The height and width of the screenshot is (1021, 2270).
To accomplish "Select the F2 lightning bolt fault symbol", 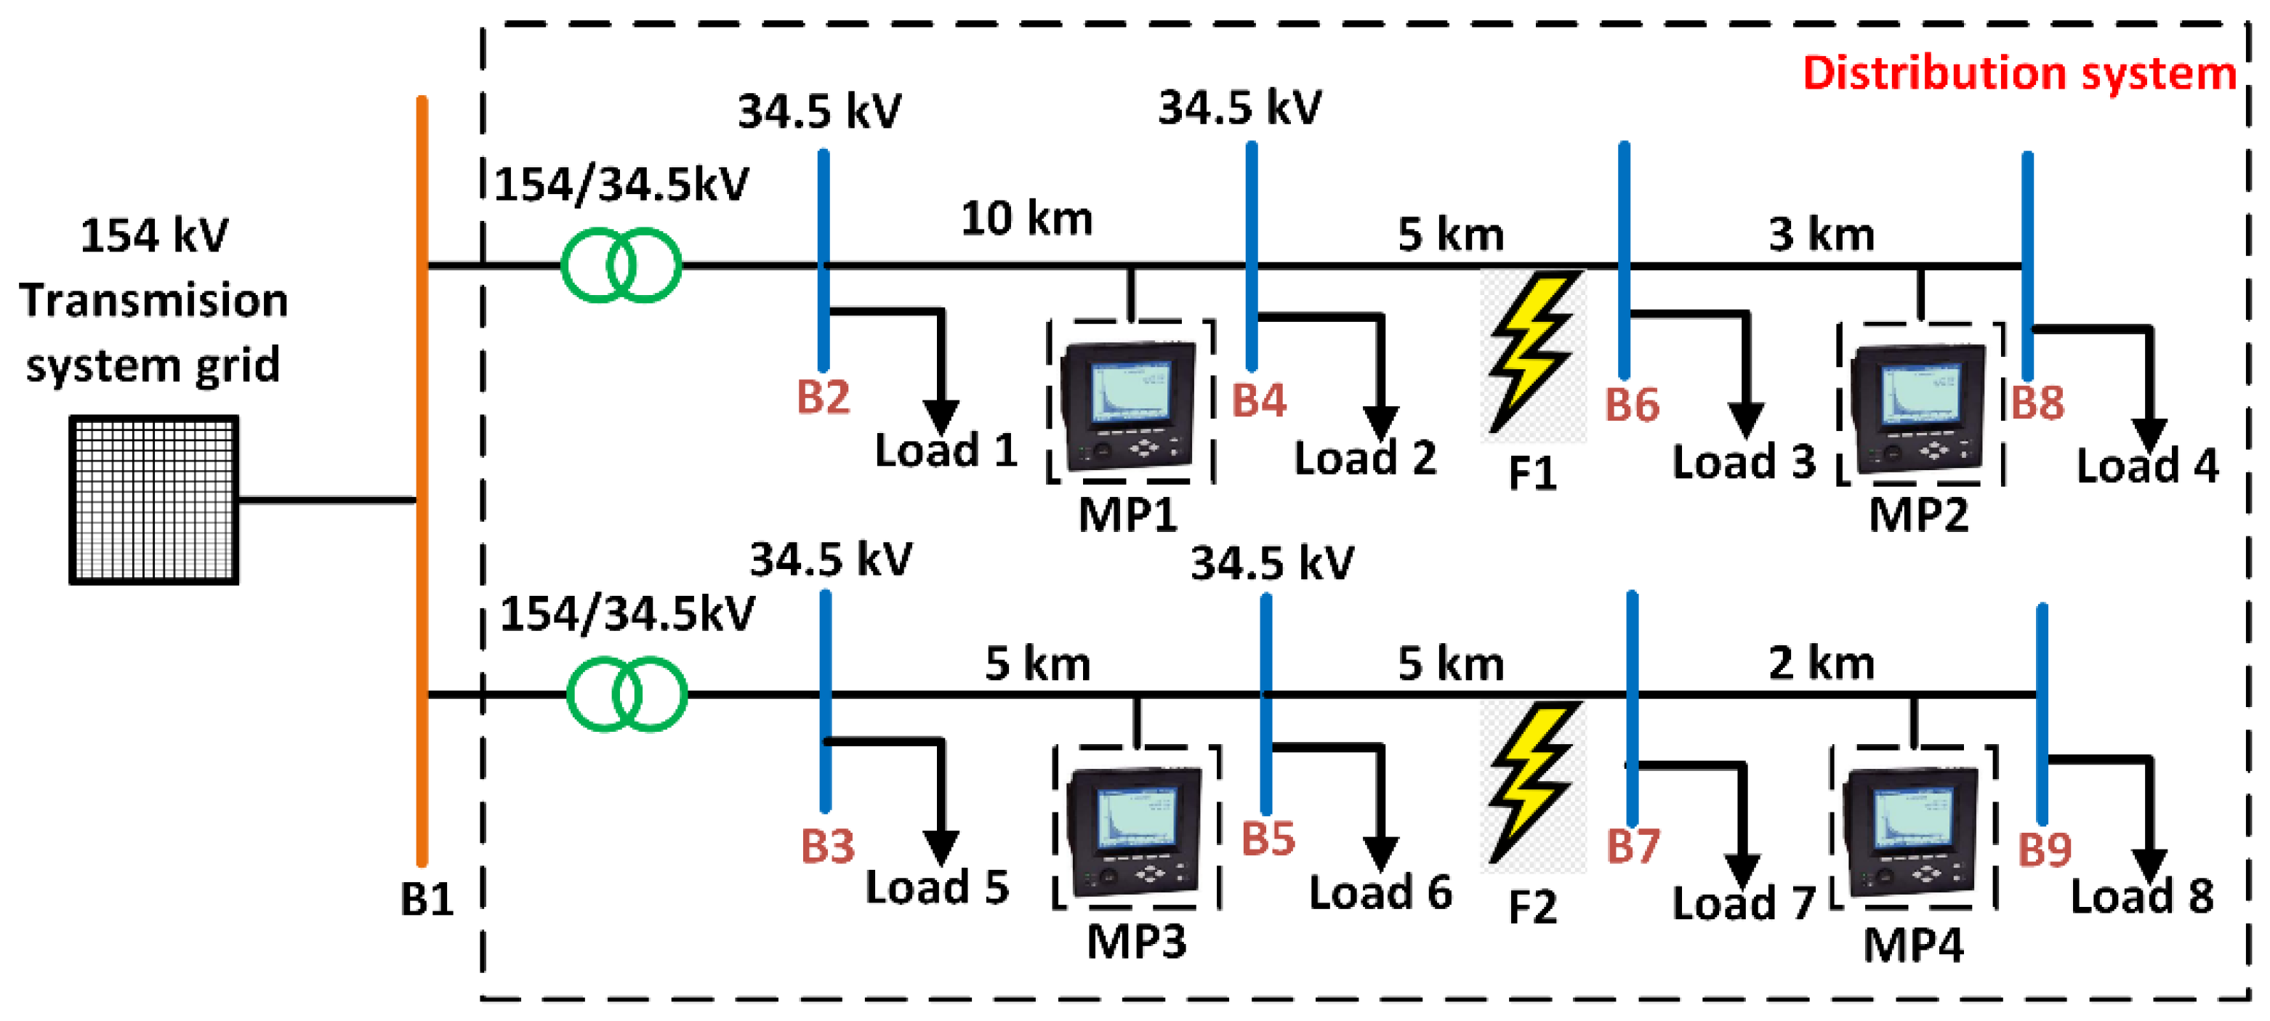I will click(x=1532, y=782).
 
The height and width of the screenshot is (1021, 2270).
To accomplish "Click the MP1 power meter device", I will click(x=1129, y=405).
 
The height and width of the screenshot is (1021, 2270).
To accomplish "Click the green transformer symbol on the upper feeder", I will click(x=621, y=265).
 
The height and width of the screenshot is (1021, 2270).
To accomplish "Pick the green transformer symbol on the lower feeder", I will click(x=627, y=694).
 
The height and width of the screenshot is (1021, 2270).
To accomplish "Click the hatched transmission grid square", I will click(x=153, y=499).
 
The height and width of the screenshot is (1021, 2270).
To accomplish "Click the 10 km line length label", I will click(x=1026, y=219).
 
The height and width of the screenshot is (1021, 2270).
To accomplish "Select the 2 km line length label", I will click(x=1821, y=663).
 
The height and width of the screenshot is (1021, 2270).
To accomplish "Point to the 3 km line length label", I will click(x=1821, y=234).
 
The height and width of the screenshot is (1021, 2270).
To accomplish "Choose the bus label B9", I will click(x=2045, y=850).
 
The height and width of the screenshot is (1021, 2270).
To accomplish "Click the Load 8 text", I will click(x=2141, y=897).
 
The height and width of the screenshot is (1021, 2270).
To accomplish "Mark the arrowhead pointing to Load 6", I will click(x=1380, y=852).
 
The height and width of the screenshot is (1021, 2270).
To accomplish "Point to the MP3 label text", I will click(x=1136, y=942).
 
